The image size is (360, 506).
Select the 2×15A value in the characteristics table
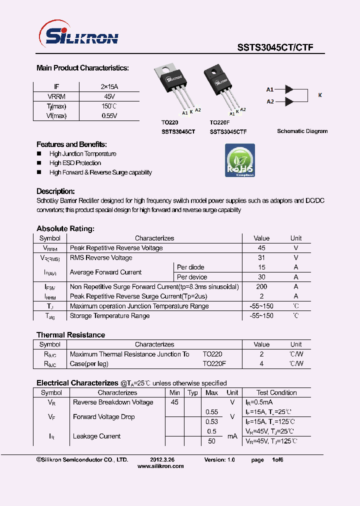click(x=109, y=86)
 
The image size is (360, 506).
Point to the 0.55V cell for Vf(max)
click(x=109, y=116)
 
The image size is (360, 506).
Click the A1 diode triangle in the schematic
click(x=288, y=89)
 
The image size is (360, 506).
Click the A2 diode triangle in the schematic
click(x=288, y=101)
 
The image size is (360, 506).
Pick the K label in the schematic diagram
click(x=320, y=95)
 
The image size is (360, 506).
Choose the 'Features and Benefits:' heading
click(x=71, y=144)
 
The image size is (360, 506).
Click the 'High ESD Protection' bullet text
click(x=75, y=163)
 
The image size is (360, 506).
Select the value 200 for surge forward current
click(x=261, y=286)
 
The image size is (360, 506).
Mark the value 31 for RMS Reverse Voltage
click(x=261, y=257)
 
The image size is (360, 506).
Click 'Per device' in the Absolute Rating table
click(x=192, y=277)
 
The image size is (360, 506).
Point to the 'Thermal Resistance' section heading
click(x=70, y=334)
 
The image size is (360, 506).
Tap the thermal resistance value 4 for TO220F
click(x=261, y=363)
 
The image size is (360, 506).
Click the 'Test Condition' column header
click(x=276, y=392)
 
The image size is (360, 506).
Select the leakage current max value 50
click(x=211, y=441)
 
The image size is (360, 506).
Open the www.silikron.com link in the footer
click(x=160, y=466)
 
